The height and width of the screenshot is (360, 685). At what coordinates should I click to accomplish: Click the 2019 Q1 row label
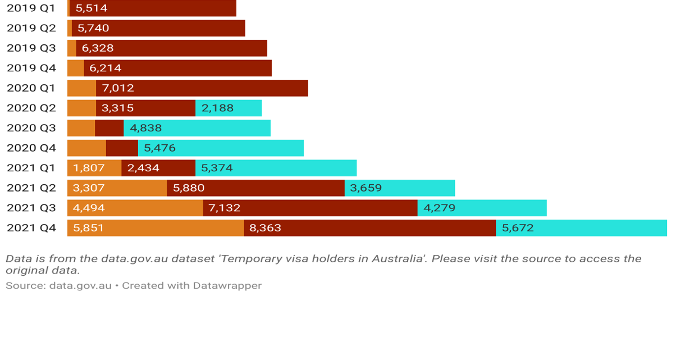point(31,8)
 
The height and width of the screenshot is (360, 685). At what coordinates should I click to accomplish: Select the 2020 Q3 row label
point(31,128)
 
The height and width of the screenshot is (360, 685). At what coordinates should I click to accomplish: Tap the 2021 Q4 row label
point(31,228)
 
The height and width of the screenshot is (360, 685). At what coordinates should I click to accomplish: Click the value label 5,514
point(92,8)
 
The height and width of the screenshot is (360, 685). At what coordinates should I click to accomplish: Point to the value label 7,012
point(118,88)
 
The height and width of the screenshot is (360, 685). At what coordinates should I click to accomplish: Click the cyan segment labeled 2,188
point(229,108)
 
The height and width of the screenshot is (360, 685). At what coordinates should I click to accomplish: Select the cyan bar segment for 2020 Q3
point(197,128)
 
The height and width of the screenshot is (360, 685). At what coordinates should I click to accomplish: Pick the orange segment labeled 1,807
point(94,168)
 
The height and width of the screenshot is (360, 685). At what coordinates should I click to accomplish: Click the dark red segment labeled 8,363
point(369,228)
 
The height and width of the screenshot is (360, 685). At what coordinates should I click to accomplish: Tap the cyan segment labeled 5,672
point(581,228)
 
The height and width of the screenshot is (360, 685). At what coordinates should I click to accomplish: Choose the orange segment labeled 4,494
point(135,208)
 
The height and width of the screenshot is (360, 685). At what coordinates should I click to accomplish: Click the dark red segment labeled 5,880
point(255,188)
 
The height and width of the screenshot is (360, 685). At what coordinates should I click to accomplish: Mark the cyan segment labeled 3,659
point(399,188)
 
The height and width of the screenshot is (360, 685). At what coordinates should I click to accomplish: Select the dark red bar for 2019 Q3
point(171,48)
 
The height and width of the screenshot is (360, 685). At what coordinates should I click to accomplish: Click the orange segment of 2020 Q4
point(86,148)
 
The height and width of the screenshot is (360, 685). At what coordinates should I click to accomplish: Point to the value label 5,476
point(160,148)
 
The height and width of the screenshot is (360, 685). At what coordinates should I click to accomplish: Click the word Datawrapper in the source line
point(227,285)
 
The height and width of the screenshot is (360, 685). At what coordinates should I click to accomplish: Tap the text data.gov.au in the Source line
point(80,285)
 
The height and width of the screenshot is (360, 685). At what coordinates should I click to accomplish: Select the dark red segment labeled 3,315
point(145,108)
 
